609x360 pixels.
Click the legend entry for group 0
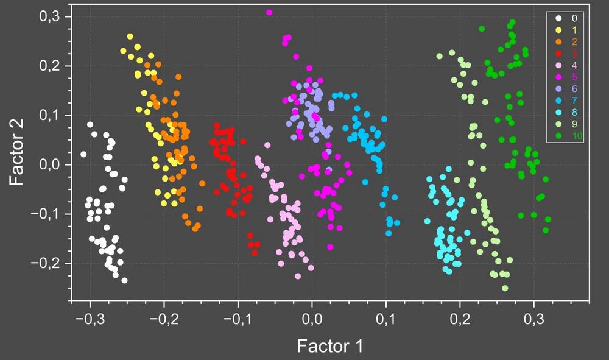point(567,18)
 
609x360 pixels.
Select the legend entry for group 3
point(567,53)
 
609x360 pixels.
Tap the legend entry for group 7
point(567,100)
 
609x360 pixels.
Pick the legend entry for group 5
point(567,77)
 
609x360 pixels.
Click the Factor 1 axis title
point(329,346)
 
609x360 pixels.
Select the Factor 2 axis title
point(18,157)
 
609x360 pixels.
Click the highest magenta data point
point(269,12)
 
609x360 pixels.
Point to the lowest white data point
point(124,280)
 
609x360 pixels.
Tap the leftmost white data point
point(83,154)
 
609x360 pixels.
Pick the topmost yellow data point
point(130,37)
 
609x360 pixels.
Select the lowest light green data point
point(505,288)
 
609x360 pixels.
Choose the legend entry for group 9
point(567,124)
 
